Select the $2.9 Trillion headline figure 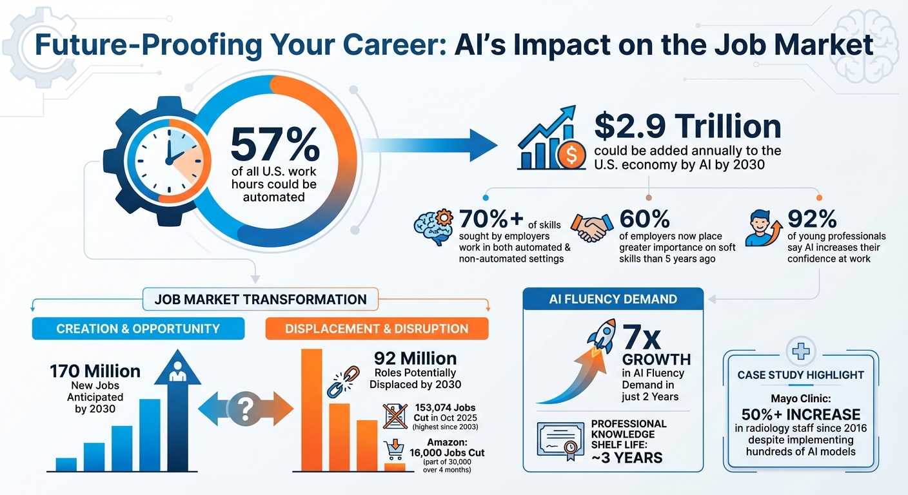687,126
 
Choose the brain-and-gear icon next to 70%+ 433,229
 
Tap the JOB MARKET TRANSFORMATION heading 261,299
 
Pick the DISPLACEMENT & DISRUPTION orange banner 377,329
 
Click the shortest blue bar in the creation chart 66,464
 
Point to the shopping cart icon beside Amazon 391,449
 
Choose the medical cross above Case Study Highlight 800,351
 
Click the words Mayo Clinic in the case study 800,398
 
